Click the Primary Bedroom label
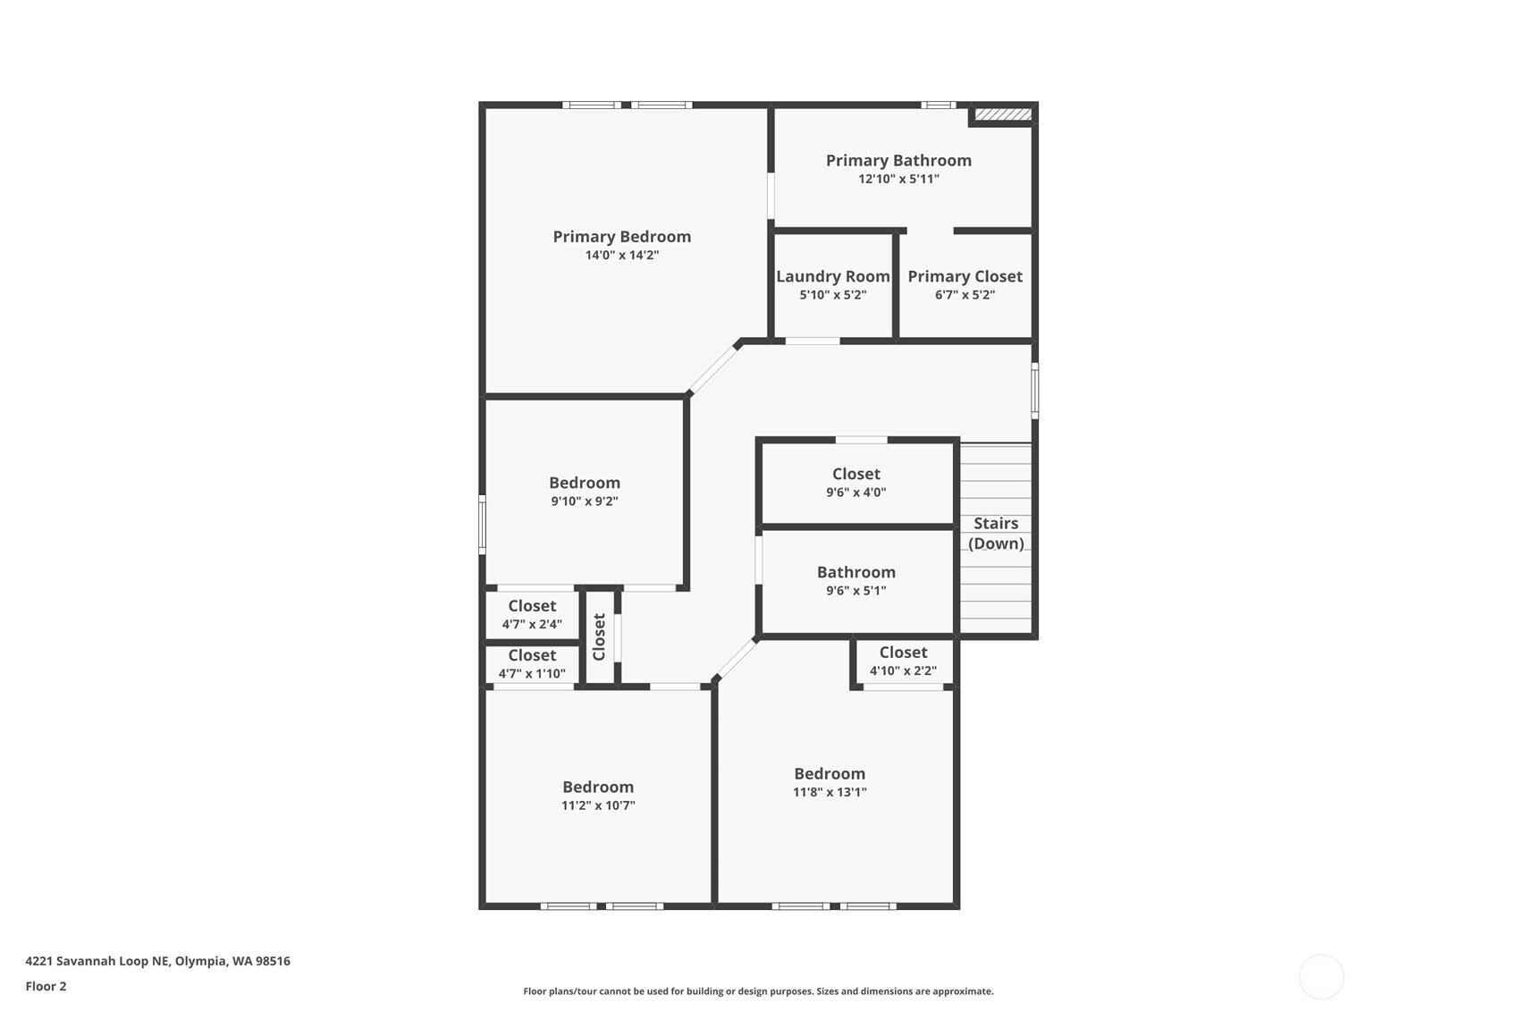[621, 237]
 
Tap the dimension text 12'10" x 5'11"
[898, 179]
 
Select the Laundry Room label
[832, 277]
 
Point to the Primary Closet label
[965, 277]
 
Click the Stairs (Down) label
[996, 534]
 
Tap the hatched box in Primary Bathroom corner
[1003, 114]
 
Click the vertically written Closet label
[600, 636]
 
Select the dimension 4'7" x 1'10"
[532, 674]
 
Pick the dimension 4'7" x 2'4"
[532, 625]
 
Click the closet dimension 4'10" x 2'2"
[903, 670]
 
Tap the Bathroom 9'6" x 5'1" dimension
[855, 591]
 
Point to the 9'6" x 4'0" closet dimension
[855, 493]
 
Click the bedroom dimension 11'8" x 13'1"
[830, 792]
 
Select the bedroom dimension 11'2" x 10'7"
[598, 805]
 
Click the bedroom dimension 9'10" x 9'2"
[585, 501]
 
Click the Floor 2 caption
[46, 986]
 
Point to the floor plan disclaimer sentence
[758, 991]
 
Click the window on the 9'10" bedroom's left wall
[482, 525]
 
